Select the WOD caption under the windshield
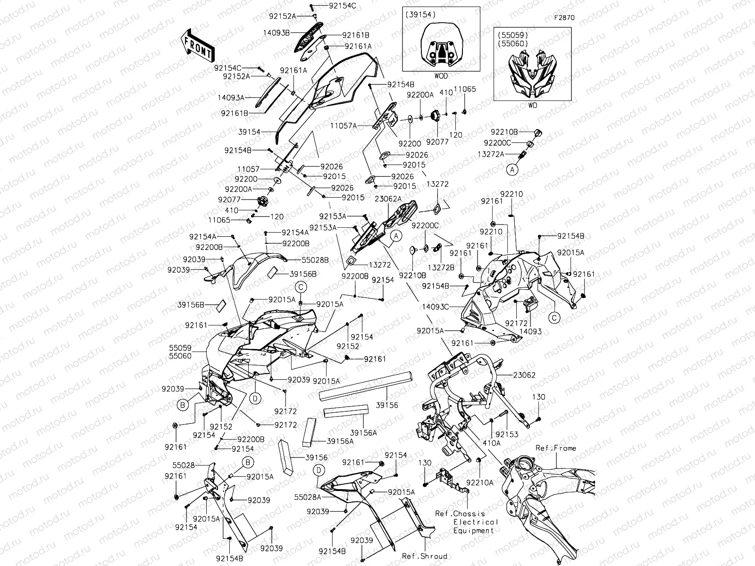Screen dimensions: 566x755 pyautogui.click(x=441, y=76)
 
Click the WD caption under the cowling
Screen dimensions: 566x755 pyautogui.click(x=532, y=106)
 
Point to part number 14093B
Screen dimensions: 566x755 pyautogui.click(x=277, y=33)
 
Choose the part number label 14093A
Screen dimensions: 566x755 pyautogui.click(x=231, y=98)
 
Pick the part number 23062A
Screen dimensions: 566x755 pyautogui.click(x=388, y=199)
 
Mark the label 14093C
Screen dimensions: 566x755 pyautogui.click(x=435, y=307)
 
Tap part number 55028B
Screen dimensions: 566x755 pyautogui.click(x=315, y=259)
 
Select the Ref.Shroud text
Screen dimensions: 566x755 pyautogui.click(x=424, y=556)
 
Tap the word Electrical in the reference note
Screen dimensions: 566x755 pyautogui.click(x=476, y=522)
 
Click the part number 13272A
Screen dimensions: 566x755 pyautogui.click(x=491, y=154)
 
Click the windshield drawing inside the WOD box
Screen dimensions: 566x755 pyautogui.click(x=441, y=47)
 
